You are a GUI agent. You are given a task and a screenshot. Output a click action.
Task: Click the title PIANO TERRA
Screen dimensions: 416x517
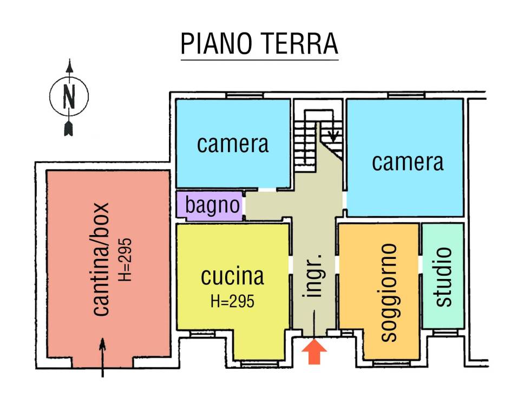[x=259, y=44]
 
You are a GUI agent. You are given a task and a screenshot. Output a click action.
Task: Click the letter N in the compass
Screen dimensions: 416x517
[x=69, y=97]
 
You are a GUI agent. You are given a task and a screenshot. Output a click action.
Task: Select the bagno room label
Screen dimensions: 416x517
[x=212, y=205]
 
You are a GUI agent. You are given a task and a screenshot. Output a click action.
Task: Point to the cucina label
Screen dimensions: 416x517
[x=232, y=276]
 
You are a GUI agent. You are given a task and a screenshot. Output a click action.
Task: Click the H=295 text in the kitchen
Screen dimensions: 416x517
[x=232, y=302]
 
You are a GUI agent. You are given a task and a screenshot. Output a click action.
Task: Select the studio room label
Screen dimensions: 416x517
[x=443, y=276]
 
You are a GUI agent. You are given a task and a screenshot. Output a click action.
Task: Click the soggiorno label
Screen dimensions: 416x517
[x=388, y=292]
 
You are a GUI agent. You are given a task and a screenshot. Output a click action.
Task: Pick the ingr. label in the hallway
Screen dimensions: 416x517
[x=314, y=275]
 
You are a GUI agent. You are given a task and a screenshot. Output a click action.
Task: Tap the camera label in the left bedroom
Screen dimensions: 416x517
[x=233, y=144]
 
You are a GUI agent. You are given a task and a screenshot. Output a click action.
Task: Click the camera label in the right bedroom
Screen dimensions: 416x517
[x=408, y=162]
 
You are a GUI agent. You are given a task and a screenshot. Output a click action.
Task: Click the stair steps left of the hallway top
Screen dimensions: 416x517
[x=304, y=144]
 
